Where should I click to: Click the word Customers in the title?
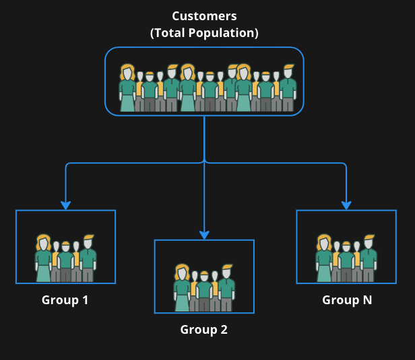pos(204,15)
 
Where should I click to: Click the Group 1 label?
pos(65,299)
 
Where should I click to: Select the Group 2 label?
pos(204,330)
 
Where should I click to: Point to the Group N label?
pos(347,299)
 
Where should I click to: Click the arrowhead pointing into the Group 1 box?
pos(66,205)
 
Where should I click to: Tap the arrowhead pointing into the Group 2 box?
pos(204,234)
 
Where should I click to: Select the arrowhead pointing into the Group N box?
pos(346,205)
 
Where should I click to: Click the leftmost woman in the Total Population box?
pos(127,87)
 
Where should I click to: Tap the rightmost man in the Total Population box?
pos(288,87)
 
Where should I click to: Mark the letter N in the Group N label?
pos(366,299)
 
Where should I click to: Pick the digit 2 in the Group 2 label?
pos(224,330)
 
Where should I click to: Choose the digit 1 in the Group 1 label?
pos(85,299)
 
